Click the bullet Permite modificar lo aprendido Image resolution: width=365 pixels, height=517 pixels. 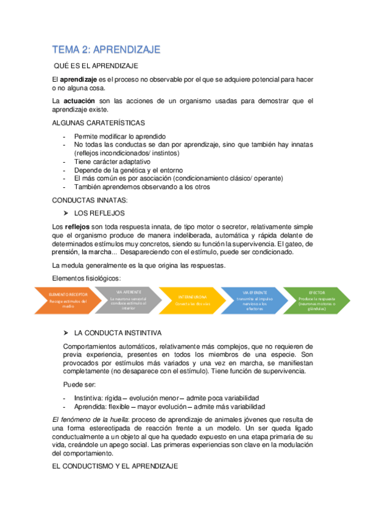[119, 136]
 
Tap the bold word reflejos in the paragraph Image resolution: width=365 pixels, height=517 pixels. [77, 226]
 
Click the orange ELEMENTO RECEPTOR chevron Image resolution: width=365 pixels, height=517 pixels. [68, 300]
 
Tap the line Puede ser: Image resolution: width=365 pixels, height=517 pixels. [77, 385]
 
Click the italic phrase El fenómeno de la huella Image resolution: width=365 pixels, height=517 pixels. [90, 419]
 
